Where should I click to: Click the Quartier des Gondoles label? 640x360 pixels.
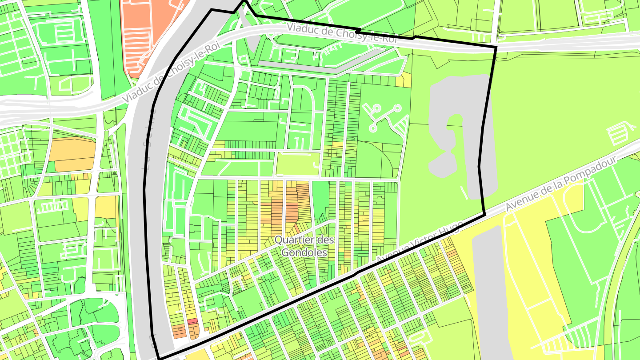pyautogui.click(x=304, y=246)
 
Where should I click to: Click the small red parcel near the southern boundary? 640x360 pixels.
pyautogui.click(x=192, y=320)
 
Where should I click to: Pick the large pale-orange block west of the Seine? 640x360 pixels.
pyautogui.click(x=71, y=154)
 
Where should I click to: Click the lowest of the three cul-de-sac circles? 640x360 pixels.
pyautogui.click(x=372, y=128)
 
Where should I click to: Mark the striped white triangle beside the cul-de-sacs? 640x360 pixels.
pyautogui.click(x=401, y=126)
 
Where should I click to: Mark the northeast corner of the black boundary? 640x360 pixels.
pyautogui.click(x=496, y=46)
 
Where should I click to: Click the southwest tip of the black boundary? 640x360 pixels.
pyautogui.click(x=159, y=358)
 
